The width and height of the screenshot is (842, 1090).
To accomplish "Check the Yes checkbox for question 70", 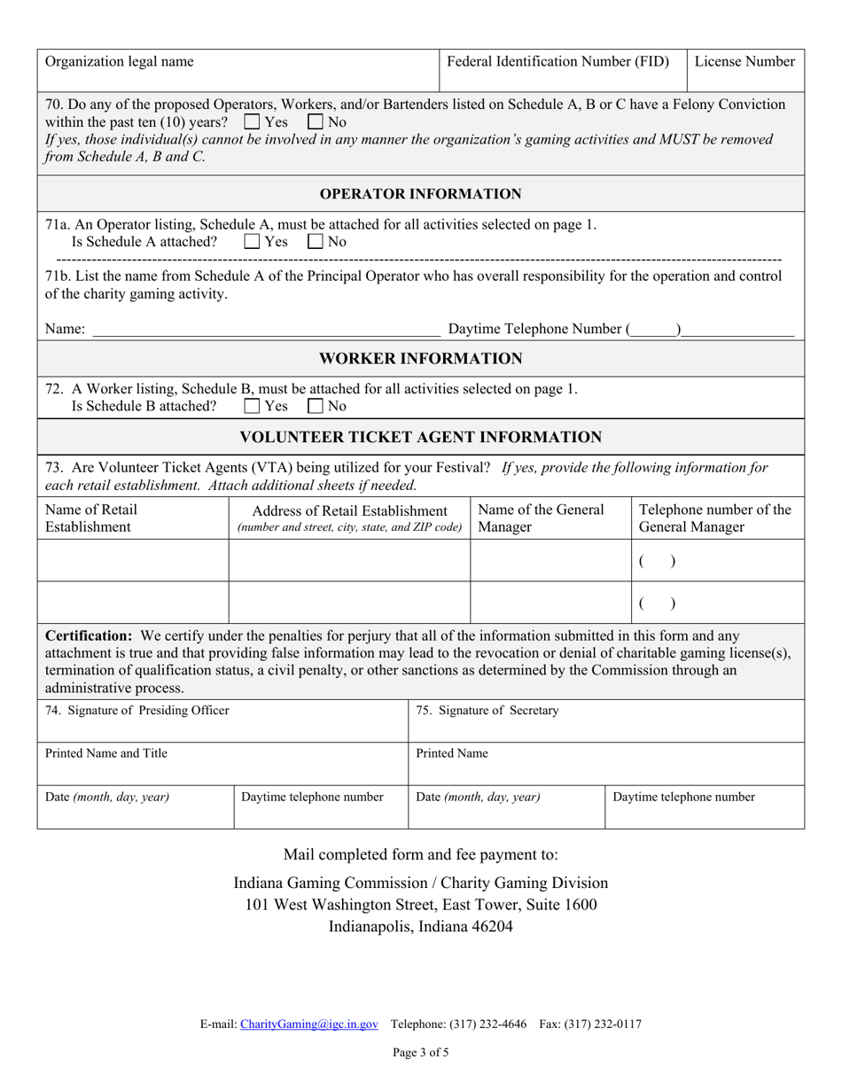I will coord(252,121).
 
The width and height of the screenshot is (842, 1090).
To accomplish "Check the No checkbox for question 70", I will coord(316,121).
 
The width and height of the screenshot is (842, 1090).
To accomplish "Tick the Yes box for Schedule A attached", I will coord(252,241).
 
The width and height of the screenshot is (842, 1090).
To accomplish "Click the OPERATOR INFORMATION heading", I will coord(420,194).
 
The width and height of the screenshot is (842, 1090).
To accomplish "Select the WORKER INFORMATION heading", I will coord(420,359).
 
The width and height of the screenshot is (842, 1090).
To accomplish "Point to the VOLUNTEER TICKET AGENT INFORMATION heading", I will coord(420,437).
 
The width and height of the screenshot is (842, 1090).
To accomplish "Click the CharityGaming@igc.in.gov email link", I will coord(309,1024).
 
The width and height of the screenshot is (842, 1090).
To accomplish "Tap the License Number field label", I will coord(745,62).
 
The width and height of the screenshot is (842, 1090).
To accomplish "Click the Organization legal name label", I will coord(120,62).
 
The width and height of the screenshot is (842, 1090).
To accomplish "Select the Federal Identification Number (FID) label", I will coord(557,62).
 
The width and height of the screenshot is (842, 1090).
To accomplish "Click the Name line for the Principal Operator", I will coord(266,330).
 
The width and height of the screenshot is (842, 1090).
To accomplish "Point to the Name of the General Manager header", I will coord(541,518).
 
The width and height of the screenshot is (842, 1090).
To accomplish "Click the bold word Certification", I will coord(88,635).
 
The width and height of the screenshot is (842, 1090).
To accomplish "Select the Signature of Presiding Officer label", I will coord(136,710).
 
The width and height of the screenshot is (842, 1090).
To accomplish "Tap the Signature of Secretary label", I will coord(487,710).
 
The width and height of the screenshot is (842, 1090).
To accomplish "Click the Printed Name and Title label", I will coord(106,753).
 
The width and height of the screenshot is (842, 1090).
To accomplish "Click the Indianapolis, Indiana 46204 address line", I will coord(420,927).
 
